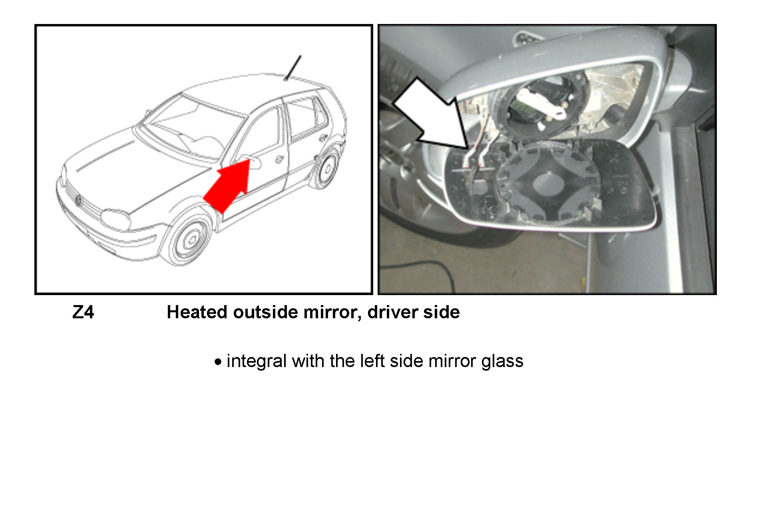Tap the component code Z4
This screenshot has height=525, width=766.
[x=83, y=312]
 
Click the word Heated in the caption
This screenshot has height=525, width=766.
[x=197, y=312]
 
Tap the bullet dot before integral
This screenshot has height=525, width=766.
[x=218, y=362]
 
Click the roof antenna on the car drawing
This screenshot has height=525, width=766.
[x=292, y=68]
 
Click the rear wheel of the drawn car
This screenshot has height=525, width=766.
[x=326, y=168]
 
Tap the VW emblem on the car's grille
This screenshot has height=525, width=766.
[x=78, y=200]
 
